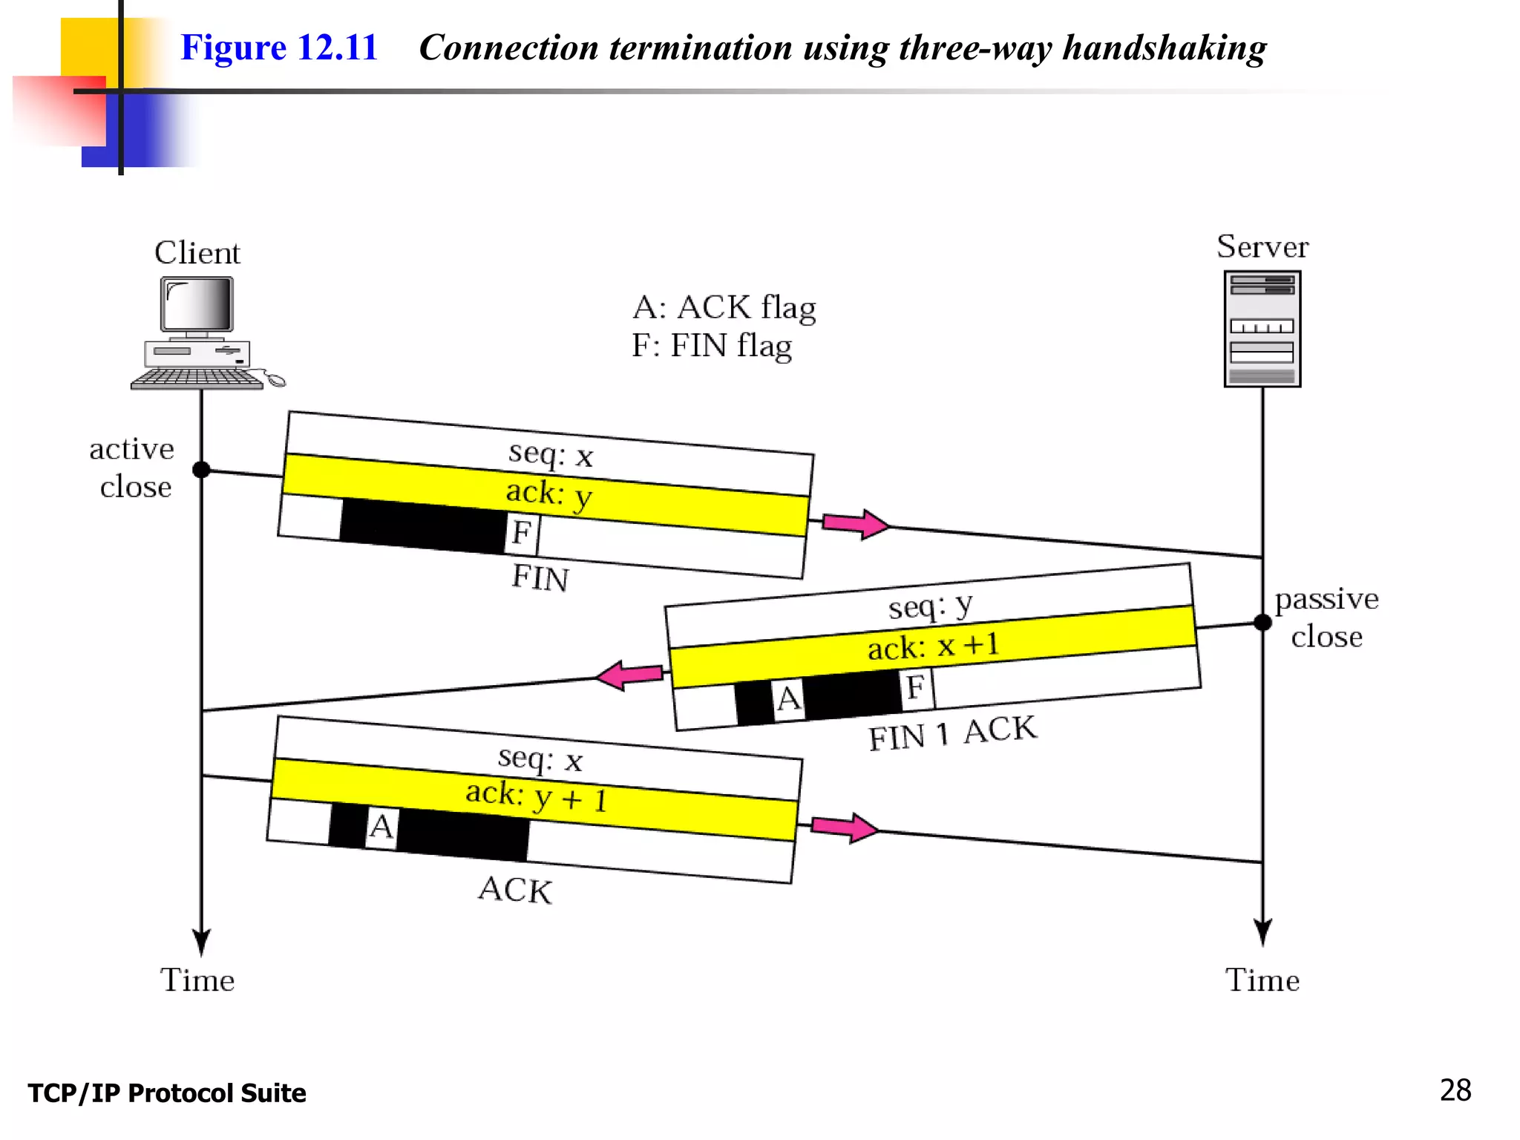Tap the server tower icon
1262,329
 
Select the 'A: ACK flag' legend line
724,307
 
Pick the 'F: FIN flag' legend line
711,346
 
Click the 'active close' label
133,468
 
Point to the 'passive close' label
1326,617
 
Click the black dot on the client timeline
201,470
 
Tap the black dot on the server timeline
1262,622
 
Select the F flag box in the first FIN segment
522,533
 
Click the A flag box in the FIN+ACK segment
788,698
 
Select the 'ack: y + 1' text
536,797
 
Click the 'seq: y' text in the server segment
929,607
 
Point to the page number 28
1455,1090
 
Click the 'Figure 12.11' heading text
279,47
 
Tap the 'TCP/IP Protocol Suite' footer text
167,1093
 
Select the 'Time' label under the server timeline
1262,980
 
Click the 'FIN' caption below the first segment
540,577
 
